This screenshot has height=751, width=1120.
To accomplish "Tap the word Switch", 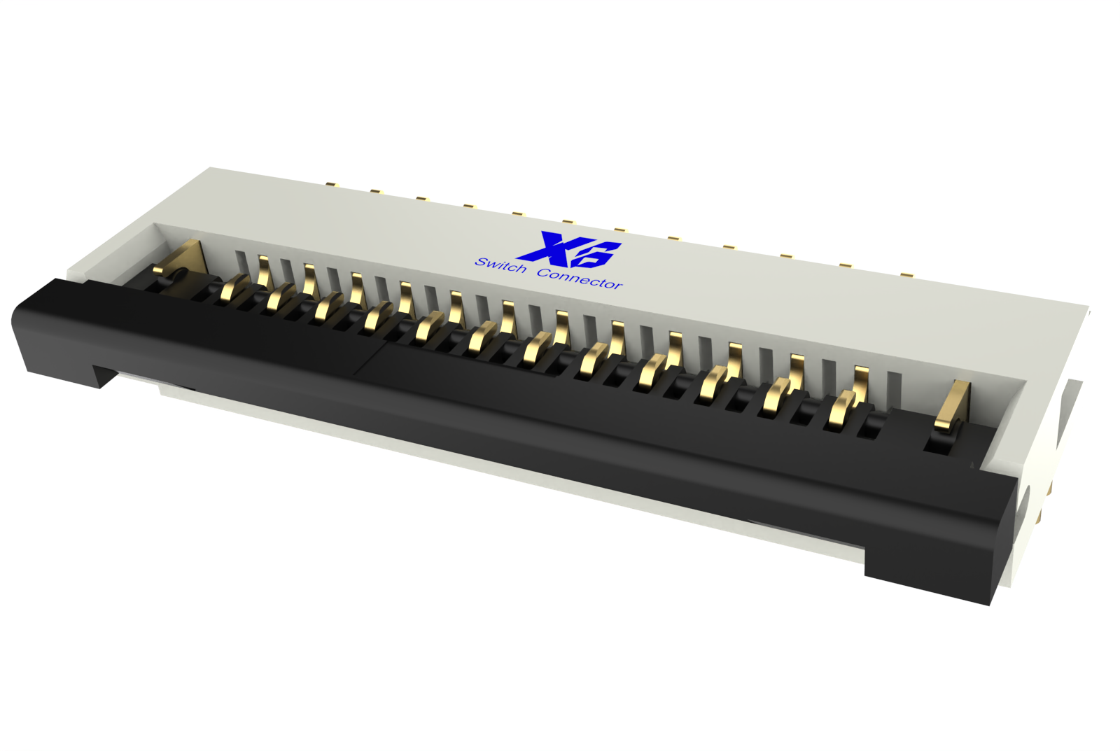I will pyautogui.click(x=500, y=265).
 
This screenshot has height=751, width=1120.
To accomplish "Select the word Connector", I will pyautogui.click(x=579, y=278).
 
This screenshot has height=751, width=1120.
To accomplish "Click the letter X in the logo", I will pyautogui.click(x=549, y=246).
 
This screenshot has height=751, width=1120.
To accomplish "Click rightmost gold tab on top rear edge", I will pyautogui.click(x=906, y=275).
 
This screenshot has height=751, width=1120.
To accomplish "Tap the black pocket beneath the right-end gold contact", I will pyautogui.click(x=939, y=442).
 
